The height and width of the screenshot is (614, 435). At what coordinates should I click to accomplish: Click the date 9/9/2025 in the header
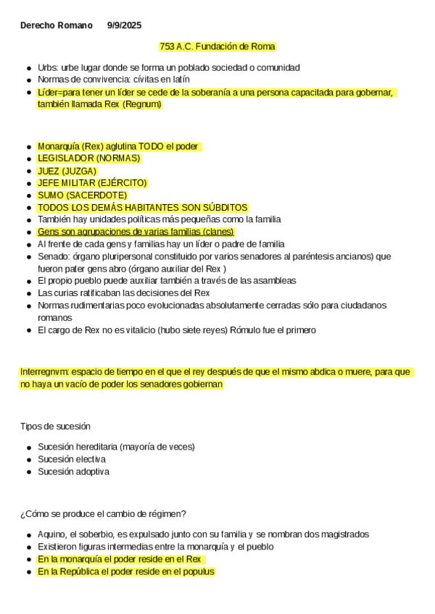124,25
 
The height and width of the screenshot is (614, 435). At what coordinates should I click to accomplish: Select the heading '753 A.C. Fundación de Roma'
217,46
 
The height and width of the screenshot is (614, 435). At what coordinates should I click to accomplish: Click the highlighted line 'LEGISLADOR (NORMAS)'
88,158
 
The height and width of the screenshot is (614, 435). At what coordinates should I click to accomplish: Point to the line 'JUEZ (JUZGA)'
67,170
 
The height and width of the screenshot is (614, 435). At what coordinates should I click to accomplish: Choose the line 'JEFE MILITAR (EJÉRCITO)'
92,182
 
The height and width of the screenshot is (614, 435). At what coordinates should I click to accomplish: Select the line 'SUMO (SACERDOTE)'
82,195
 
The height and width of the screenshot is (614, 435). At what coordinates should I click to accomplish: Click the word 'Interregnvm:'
44,371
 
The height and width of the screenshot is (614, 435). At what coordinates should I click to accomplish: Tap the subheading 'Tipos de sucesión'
55,426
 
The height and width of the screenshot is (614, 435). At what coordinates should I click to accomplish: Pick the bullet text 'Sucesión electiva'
71,459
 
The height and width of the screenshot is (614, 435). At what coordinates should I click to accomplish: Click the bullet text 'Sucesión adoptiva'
73,471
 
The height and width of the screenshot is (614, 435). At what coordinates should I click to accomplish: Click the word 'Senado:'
54,256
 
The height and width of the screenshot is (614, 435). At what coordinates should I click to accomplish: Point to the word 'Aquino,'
52,534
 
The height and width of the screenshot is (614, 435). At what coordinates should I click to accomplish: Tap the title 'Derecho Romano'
57,25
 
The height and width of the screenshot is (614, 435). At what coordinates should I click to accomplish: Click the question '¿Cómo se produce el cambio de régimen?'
103,513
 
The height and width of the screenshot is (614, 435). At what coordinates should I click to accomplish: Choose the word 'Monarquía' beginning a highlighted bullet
58,146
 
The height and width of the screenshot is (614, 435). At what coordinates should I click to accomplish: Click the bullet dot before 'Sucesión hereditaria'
28,447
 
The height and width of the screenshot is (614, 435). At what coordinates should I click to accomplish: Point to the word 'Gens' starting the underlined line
48,231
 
